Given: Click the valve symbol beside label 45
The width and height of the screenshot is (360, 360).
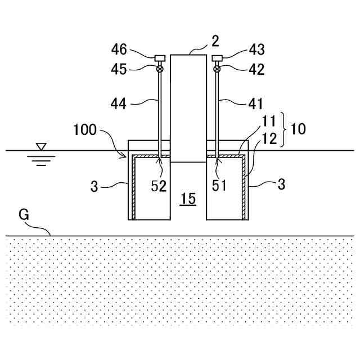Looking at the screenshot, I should (160, 69).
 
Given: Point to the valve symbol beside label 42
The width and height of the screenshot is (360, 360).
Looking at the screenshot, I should (217, 69).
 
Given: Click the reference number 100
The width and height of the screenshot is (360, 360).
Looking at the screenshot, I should (85, 130).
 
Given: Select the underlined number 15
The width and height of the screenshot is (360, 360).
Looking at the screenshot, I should (188, 199).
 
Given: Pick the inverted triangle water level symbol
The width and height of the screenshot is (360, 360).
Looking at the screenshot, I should (40, 147).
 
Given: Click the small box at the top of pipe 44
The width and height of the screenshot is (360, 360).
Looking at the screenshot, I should (160, 58).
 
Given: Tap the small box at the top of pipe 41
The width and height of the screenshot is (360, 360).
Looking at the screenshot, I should (217, 58).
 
